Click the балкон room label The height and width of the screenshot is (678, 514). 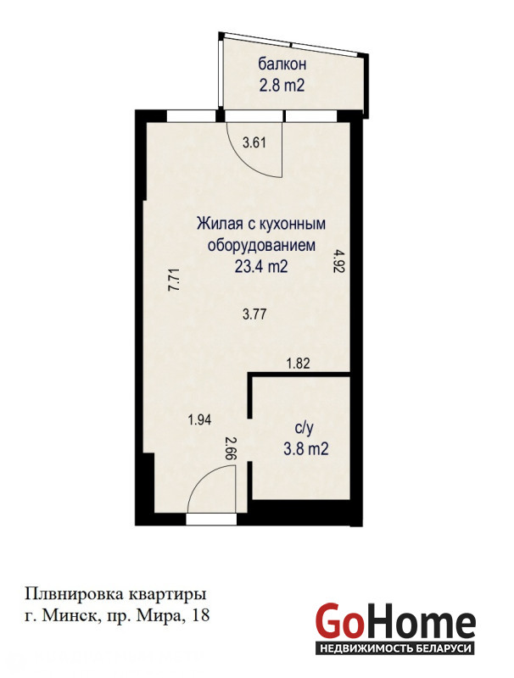[282, 64]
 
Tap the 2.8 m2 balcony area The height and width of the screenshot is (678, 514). [282, 86]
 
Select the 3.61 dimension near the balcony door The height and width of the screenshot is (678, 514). [254, 142]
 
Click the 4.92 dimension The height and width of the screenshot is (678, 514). [338, 260]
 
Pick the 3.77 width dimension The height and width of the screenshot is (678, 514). [254, 314]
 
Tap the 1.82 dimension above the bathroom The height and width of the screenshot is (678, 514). [299, 364]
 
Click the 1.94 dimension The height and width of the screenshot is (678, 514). [199, 420]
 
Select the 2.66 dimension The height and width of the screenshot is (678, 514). [232, 449]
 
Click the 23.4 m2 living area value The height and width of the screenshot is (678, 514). [261, 267]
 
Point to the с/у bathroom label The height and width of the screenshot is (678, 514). [304, 429]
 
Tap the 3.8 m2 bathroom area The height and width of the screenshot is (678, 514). [306, 449]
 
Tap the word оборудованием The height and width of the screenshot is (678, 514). [262, 246]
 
